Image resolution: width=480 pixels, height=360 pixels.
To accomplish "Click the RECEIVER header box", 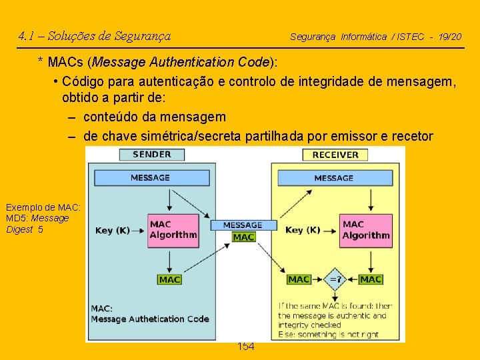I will click(x=335, y=155).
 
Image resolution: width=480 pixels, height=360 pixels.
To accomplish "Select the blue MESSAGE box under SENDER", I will click(x=150, y=178).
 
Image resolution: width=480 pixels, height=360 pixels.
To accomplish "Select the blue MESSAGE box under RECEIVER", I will click(x=333, y=178).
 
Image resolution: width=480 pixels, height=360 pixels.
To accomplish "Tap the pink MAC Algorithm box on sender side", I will click(x=173, y=230).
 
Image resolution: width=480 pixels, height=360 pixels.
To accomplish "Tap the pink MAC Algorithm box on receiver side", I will click(x=365, y=230).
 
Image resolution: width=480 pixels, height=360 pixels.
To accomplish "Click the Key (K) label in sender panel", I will click(x=113, y=231).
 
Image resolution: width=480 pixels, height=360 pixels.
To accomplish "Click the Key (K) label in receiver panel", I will click(x=303, y=231).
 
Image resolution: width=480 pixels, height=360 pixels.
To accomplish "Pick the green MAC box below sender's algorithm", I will click(x=170, y=280).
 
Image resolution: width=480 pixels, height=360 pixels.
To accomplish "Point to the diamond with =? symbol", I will click(x=335, y=279).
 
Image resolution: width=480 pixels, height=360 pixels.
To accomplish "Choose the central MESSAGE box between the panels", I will click(x=243, y=225).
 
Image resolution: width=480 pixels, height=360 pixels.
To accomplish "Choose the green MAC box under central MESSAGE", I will click(x=243, y=237).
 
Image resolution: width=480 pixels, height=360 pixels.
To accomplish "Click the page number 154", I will click(x=246, y=347).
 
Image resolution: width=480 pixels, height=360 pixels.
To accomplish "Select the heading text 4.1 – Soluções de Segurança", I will click(x=95, y=36).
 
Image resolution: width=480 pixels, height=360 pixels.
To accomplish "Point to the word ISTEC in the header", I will click(x=411, y=37).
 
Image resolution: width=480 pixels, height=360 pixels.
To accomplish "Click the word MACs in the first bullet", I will click(x=67, y=63).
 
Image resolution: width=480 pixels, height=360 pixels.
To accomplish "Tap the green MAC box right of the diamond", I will click(x=370, y=279).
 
